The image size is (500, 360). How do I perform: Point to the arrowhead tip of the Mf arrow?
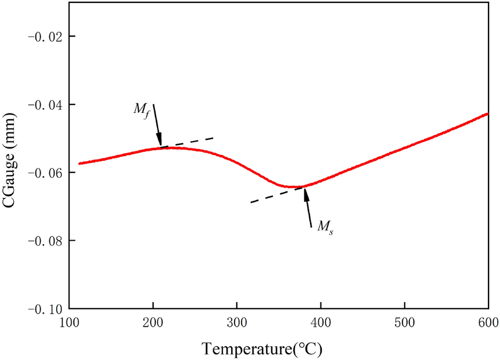pyautogui.click(x=161, y=146)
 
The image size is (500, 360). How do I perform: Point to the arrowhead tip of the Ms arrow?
pyautogui.click(x=304, y=189)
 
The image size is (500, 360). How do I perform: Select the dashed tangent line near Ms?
pyautogui.click(x=269, y=197)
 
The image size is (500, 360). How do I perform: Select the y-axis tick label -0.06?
pyautogui.click(x=46, y=173)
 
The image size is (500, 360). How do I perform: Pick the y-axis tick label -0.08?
pyautogui.click(x=46, y=241)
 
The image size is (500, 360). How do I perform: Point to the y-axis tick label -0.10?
pyautogui.click(x=46, y=308)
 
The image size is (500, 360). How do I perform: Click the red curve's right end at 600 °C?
pyautogui.click(x=487, y=114)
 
